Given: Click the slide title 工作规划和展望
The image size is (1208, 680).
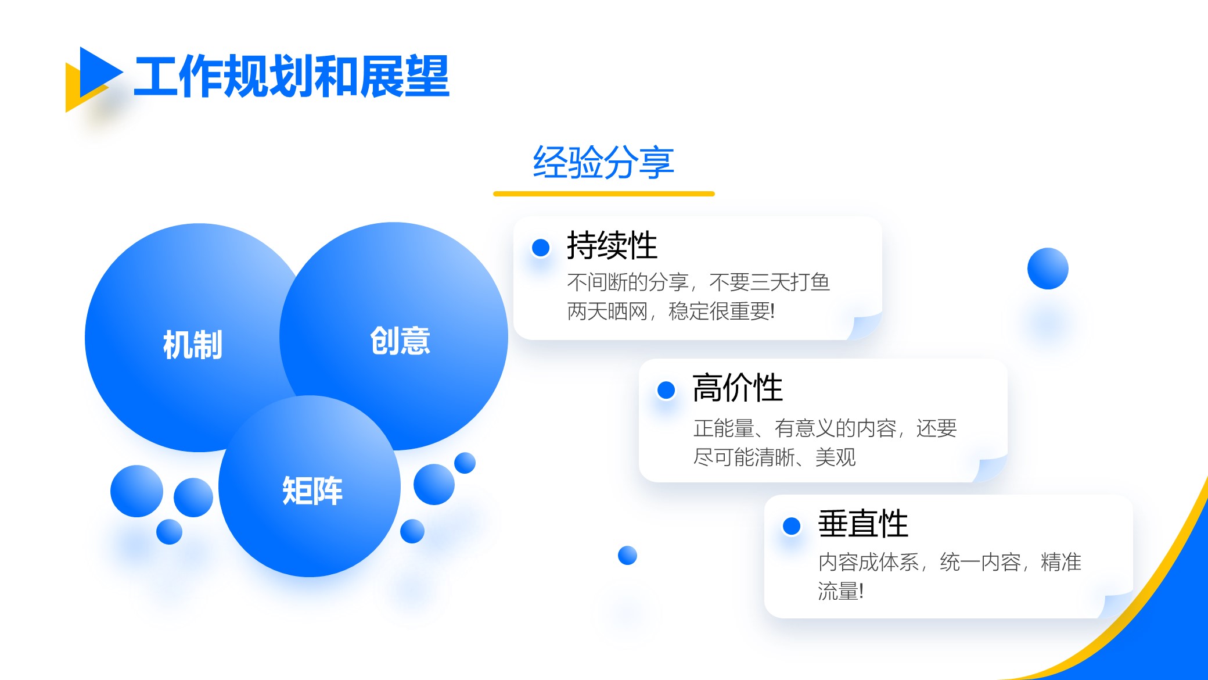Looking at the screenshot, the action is [x=292, y=76].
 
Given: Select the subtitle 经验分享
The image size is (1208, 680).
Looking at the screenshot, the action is [x=603, y=162].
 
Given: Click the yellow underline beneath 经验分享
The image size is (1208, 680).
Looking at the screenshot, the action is [x=604, y=194].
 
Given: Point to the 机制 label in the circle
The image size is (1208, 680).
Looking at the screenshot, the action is [x=193, y=345].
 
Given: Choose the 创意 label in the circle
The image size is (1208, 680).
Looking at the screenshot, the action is [x=400, y=341].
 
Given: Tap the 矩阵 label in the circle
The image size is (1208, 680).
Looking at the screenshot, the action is [x=312, y=491].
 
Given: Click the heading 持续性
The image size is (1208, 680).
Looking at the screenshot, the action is [x=612, y=245].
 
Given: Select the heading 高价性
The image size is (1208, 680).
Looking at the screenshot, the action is [x=738, y=388].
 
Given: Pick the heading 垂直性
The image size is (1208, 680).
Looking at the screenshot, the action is [x=863, y=524].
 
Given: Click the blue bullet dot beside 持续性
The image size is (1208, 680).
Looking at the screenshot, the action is [x=541, y=248].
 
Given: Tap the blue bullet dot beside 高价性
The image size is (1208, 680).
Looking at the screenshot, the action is [x=666, y=390].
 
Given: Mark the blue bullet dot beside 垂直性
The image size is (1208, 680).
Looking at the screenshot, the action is [x=792, y=526].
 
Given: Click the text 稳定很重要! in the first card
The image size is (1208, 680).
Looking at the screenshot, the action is [x=722, y=312].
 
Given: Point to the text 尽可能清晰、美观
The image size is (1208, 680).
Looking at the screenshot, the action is [x=775, y=457].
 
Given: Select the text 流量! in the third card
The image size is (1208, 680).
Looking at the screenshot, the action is [x=841, y=591].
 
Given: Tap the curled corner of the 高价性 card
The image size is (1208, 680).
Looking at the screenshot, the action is [x=991, y=468].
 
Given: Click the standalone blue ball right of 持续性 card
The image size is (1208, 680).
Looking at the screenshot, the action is [x=1048, y=269].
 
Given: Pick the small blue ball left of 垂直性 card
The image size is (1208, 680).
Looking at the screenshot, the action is [x=627, y=556].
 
